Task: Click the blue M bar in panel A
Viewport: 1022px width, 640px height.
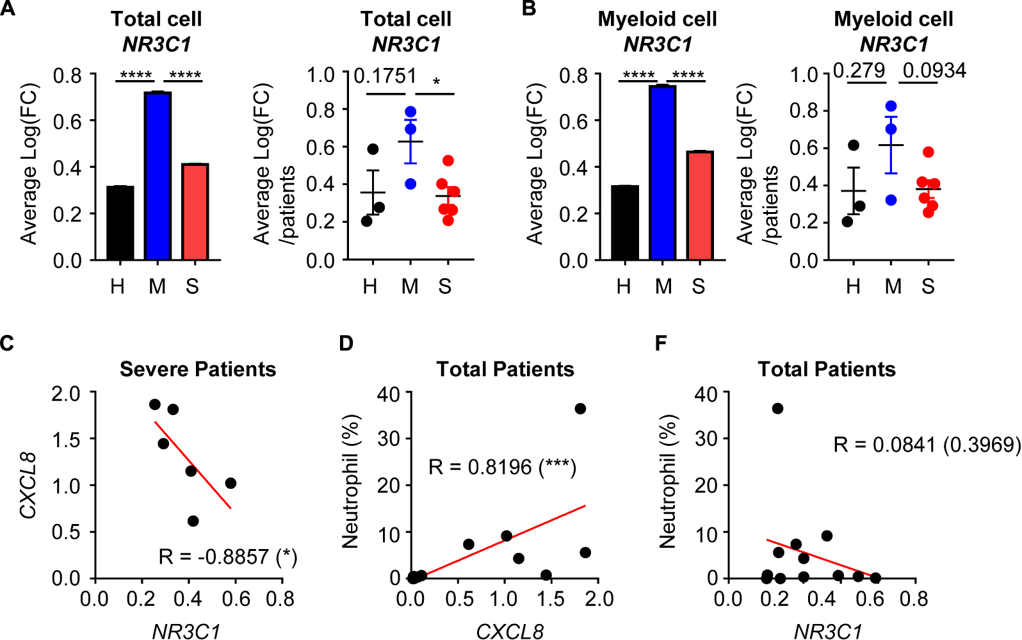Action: click(158, 176)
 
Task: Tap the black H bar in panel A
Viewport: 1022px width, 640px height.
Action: click(120, 222)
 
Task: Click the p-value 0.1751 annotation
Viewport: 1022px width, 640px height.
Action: click(385, 76)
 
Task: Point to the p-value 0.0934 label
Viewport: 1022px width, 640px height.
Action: click(934, 70)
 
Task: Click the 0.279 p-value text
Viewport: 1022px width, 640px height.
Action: click(859, 70)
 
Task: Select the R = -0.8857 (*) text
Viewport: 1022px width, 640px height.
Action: click(228, 557)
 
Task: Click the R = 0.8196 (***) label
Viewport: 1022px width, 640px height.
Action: click(502, 467)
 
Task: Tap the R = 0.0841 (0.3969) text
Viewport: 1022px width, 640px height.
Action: click(927, 444)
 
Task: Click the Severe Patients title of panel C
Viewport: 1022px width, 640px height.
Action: click(198, 370)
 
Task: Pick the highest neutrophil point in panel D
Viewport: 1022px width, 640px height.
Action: click(580, 409)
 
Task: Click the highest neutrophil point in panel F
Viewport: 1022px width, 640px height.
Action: click(777, 409)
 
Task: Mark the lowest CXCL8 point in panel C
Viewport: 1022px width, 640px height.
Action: click(193, 521)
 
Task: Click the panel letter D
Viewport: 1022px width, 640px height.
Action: click(346, 344)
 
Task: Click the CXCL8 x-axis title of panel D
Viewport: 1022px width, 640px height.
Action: click(509, 632)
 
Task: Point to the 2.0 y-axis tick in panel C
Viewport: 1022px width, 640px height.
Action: click(66, 393)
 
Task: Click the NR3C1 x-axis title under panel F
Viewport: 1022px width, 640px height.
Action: click(827, 632)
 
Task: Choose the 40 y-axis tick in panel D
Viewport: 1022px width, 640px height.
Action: click(388, 393)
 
